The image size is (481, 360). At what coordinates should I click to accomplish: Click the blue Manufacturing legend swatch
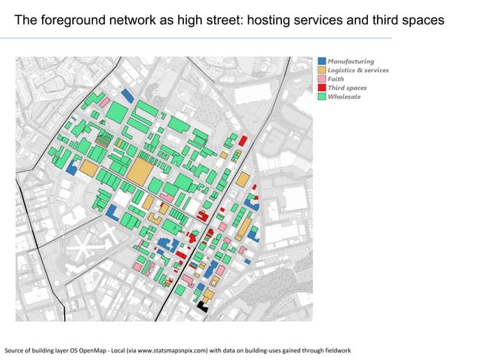(322, 61)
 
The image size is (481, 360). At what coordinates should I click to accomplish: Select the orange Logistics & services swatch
(322, 70)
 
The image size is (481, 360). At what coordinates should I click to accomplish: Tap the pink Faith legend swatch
(322, 79)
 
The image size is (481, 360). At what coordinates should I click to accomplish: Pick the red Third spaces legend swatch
(322, 88)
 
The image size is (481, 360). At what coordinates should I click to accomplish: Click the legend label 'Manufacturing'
(351, 61)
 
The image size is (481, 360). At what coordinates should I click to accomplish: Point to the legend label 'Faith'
(336, 79)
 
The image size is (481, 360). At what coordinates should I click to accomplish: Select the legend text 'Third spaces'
(348, 88)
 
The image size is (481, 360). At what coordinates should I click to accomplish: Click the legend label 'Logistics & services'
(358, 70)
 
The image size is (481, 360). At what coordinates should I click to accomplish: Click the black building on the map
(202, 304)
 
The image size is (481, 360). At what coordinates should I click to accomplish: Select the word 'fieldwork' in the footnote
(334, 351)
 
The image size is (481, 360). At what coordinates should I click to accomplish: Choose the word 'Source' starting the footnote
(14, 351)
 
